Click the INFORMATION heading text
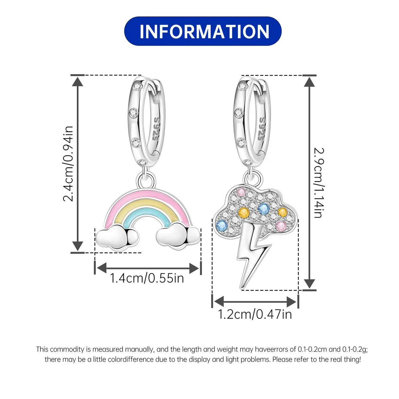[x=204, y=31]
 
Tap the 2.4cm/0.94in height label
[x=68, y=164]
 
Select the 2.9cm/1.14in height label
[x=319, y=183]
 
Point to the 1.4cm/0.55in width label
[x=147, y=278]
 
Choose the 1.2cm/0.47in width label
[x=255, y=314]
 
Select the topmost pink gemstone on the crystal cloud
[x=241, y=192]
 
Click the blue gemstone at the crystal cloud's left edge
[x=222, y=225]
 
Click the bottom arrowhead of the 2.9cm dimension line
[x=309, y=284]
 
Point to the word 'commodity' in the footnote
[x=67, y=349]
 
